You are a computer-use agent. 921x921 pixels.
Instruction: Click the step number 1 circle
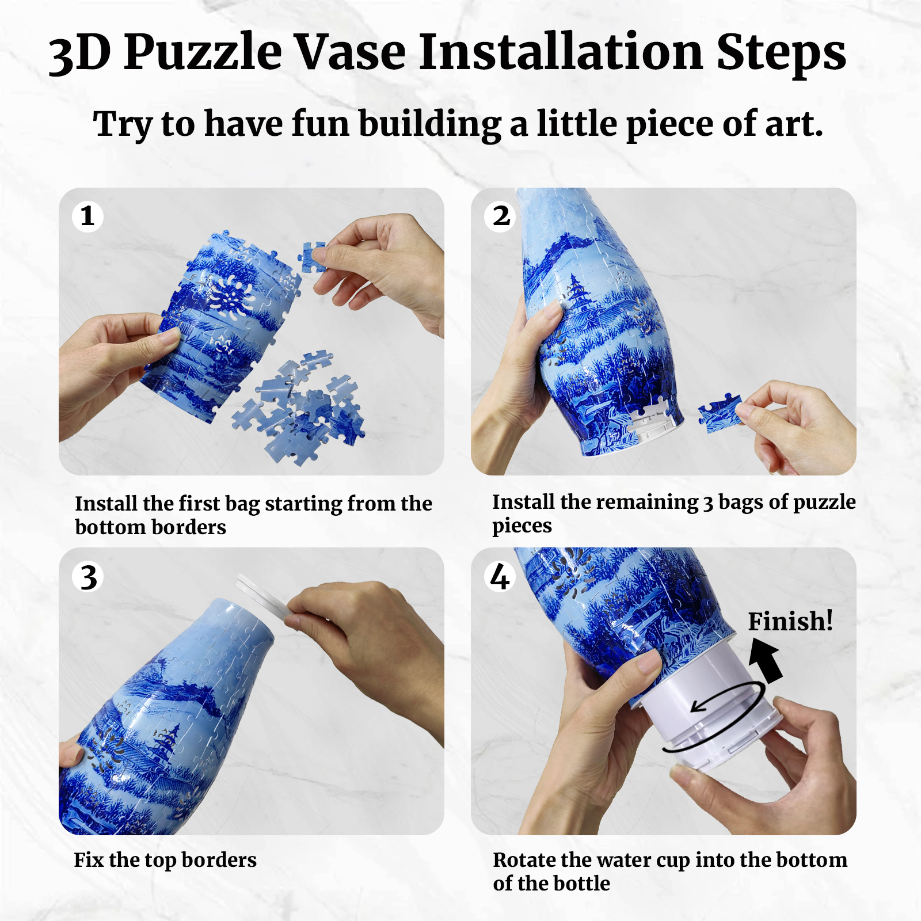point(87,216)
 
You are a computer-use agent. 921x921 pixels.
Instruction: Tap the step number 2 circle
point(501,216)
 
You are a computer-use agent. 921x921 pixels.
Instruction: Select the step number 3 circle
point(88,577)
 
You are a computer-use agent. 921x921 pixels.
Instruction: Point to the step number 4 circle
point(500,577)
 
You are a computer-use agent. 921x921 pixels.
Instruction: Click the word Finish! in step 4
point(790,622)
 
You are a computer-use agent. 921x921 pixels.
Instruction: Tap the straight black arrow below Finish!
point(767,661)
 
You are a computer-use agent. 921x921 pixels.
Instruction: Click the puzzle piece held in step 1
point(313,256)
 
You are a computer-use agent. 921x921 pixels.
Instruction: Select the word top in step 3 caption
point(160,861)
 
